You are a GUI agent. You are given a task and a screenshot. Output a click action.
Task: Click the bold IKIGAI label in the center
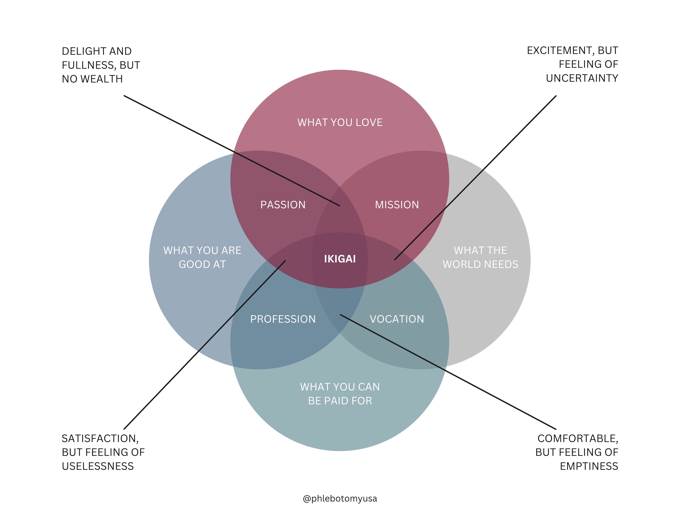(x=340, y=259)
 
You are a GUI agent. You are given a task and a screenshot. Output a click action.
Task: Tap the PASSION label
(x=283, y=205)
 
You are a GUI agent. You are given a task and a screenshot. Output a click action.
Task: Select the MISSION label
(x=397, y=205)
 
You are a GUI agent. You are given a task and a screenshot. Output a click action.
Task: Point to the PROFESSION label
(x=283, y=319)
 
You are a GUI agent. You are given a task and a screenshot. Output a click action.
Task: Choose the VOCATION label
(x=397, y=319)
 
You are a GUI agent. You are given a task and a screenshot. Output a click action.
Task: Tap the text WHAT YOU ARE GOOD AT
(x=202, y=257)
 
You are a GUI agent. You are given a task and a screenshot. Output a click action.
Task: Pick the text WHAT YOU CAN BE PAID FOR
(x=340, y=394)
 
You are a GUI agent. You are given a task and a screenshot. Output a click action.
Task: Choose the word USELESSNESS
(x=98, y=466)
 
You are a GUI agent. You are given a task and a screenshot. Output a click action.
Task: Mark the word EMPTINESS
(x=589, y=466)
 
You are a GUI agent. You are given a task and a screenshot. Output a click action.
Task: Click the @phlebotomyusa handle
(x=340, y=498)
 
